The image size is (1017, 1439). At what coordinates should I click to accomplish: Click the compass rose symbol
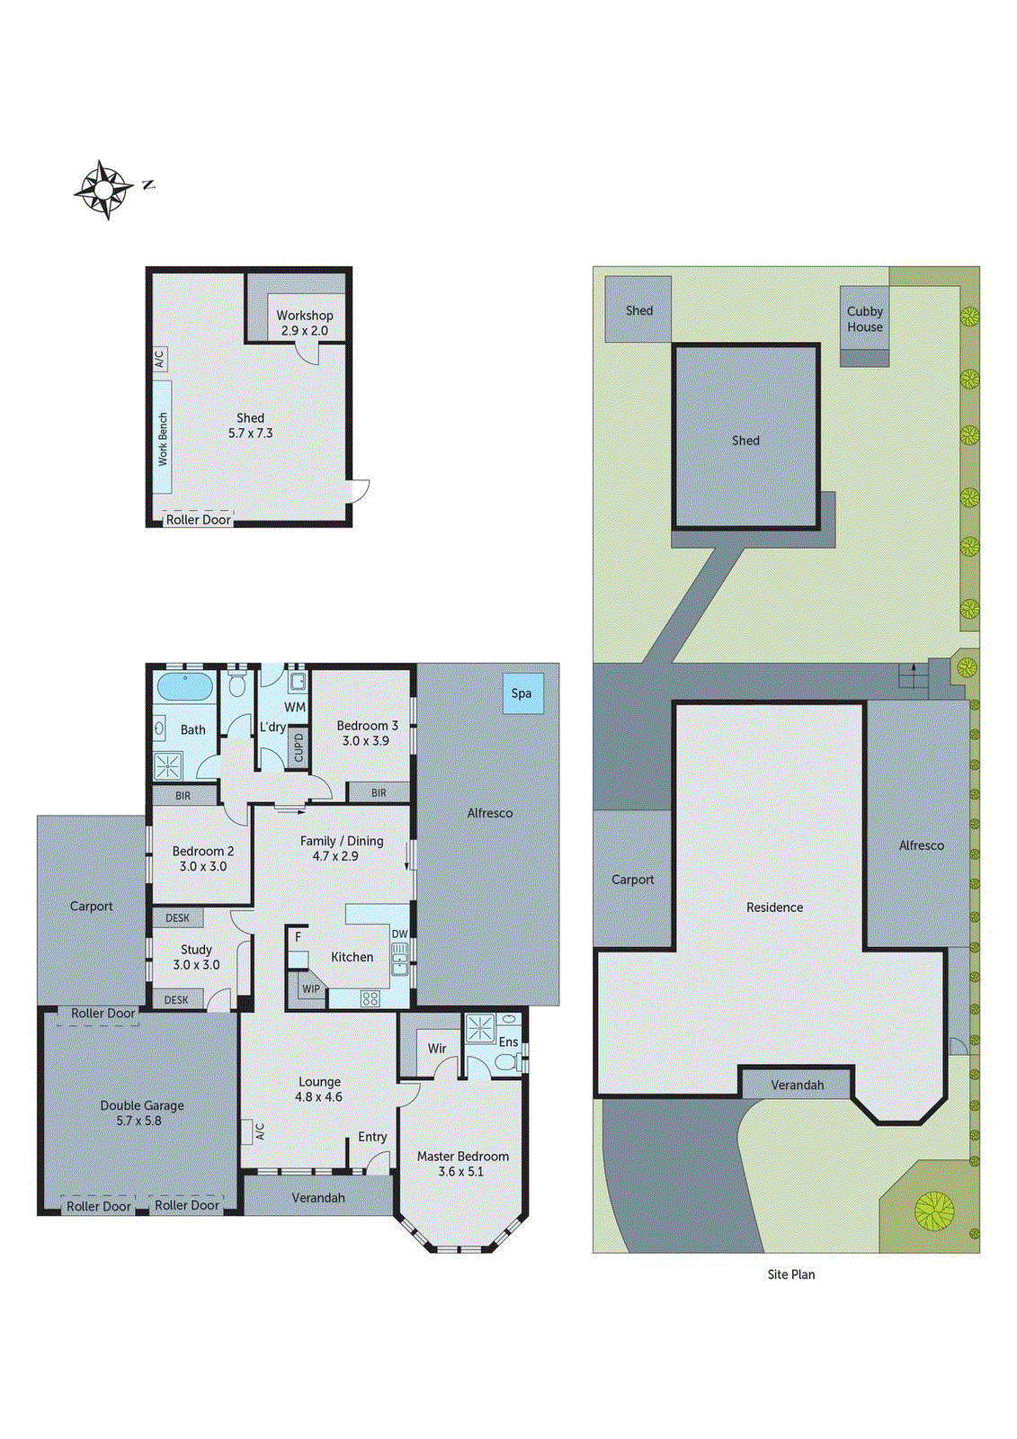[103, 190]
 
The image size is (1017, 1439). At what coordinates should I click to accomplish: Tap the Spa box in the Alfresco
[522, 693]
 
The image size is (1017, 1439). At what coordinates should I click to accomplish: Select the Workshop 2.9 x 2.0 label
[305, 323]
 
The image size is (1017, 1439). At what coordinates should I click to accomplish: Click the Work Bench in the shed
[163, 438]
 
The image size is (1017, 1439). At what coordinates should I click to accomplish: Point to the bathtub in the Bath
[184, 688]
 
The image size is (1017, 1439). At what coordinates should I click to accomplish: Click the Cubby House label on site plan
[865, 319]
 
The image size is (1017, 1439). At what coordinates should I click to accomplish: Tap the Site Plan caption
[791, 1274]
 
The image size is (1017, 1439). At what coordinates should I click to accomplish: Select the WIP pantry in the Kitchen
[310, 988]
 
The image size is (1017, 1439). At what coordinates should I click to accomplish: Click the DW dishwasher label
[399, 934]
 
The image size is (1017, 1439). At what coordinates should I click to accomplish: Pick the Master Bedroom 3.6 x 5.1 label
[462, 1164]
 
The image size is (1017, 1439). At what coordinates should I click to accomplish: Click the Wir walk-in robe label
[437, 1049]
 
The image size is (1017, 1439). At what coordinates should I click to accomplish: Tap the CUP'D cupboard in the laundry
[299, 747]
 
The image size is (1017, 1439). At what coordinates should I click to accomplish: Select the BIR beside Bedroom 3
[379, 792]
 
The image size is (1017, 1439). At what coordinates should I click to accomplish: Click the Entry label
[372, 1137]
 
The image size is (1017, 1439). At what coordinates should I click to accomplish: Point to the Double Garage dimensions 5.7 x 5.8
[139, 1121]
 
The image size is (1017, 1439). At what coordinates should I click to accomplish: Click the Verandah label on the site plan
[797, 1085]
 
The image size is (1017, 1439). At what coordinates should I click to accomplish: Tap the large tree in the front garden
[933, 1211]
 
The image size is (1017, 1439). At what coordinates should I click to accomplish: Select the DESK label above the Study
[177, 918]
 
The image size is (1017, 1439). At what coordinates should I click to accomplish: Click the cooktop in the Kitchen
[370, 997]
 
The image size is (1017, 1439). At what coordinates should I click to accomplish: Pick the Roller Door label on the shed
[198, 520]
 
